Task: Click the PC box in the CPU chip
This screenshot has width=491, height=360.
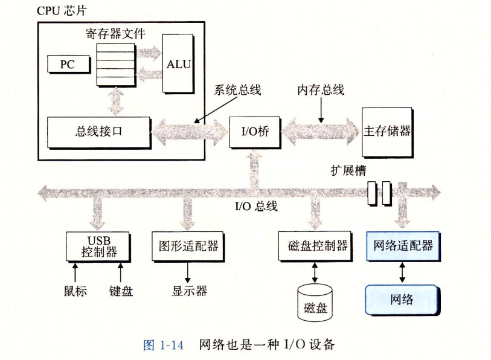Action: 68,63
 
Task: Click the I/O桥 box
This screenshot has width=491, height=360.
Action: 251,130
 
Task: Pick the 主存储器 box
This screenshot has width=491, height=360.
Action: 387,130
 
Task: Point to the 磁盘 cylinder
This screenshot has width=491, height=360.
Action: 315,302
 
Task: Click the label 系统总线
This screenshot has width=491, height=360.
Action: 237,91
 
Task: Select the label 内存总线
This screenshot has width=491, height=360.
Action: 321,91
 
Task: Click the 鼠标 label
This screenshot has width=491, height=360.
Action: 75,291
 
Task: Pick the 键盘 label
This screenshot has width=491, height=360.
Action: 121,291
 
